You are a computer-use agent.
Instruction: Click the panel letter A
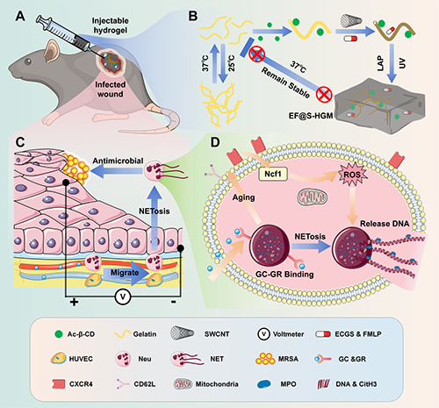click(x=20, y=17)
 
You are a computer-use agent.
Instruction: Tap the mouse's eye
click(x=28, y=61)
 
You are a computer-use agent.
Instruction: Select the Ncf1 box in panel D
click(x=273, y=174)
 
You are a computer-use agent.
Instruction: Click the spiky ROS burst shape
click(x=352, y=175)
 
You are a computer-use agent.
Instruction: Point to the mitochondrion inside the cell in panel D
click(x=313, y=197)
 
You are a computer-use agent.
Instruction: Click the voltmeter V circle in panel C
click(x=123, y=297)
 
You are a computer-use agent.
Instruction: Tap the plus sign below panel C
click(x=74, y=302)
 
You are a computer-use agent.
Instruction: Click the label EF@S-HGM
click(x=311, y=116)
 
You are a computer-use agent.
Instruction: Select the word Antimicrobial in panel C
click(x=118, y=161)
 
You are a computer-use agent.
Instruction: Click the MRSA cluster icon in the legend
click(x=265, y=359)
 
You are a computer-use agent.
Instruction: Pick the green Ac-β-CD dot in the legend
click(x=59, y=334)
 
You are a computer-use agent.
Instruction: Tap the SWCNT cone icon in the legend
click(x=182, y=333)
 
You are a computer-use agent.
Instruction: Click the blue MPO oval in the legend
click(x=264, y=384)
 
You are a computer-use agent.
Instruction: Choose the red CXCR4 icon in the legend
click(x=59, y=384)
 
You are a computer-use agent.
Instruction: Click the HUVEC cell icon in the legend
click(x=59, y=359)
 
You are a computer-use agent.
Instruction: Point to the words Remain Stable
click(x=285, y=83)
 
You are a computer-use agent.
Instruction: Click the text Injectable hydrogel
click(x=110, y=25)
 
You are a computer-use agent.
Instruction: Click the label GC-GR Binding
click(x=284, y=275)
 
